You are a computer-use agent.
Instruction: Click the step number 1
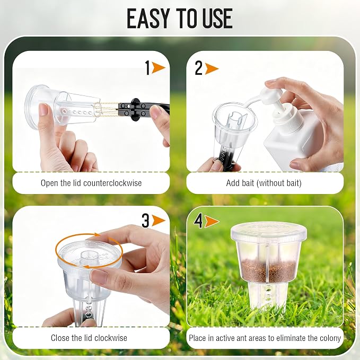click(147, 67)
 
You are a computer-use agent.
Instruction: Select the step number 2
click(199, 68)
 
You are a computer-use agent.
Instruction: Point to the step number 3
click(146, 221)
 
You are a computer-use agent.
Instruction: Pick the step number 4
click(198, 221)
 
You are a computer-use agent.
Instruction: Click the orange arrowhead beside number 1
click(159, 68)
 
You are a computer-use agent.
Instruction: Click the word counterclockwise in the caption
click(112, 183)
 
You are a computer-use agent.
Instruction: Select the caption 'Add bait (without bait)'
click(264, 183)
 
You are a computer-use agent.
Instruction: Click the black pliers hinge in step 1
click(136, 110)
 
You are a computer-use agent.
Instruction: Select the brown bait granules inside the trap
click(269, 271)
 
